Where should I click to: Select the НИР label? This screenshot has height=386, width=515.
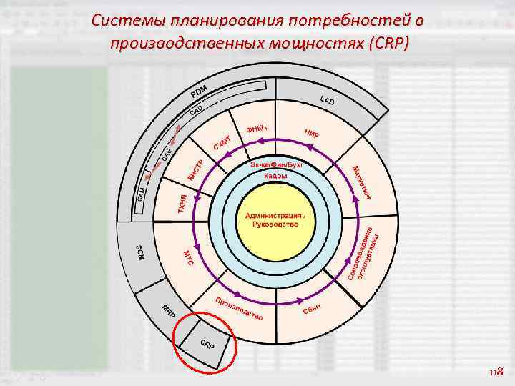point(311,133)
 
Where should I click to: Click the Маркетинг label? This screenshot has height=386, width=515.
point(362,183)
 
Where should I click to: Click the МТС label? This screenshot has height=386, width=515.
point(188,258)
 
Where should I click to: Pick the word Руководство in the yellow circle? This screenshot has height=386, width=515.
point(275,224)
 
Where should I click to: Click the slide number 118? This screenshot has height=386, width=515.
point(496,372)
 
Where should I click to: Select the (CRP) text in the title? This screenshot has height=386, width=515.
point(386,44)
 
